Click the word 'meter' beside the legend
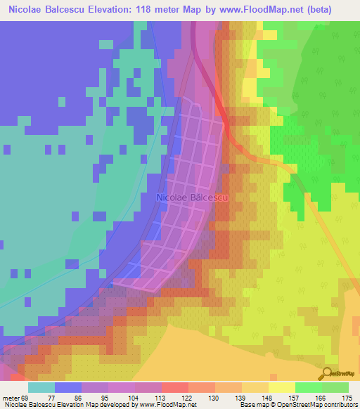(13, 397)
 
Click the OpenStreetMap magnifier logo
(328, 373)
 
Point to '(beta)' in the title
(333, 10)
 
